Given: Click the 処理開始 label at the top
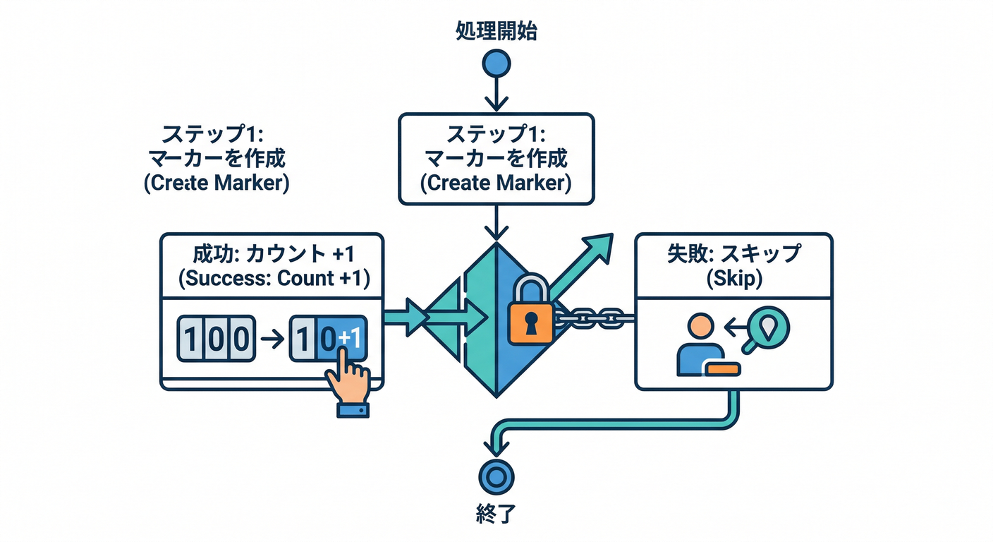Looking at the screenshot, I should point(496,32).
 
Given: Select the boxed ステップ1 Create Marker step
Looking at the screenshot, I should point(496,159).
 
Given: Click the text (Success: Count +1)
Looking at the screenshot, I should point(273,278).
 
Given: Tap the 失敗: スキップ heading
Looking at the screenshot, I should point(733,253).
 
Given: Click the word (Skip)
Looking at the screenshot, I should point(733,278).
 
